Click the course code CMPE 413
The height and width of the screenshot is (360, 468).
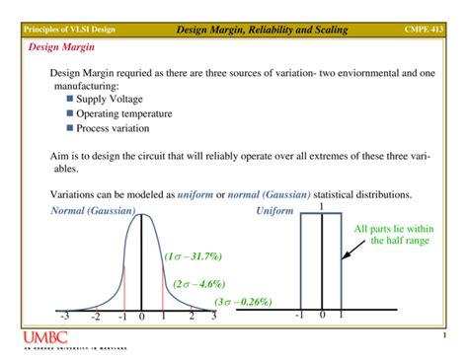pos(427,31)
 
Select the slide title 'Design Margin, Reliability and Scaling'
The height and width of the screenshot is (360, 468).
pos(262,31)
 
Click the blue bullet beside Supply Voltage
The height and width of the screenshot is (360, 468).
pos(69,99)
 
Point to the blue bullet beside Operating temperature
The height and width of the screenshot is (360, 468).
pos(69,113)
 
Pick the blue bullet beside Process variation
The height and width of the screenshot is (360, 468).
pos(69,128)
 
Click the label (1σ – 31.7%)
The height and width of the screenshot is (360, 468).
pos(194,255)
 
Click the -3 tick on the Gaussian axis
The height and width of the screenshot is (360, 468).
pos(65,317)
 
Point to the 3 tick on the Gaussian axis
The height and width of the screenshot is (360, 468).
pos(214,317)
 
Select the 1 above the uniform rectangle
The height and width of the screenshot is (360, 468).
pos(322,207)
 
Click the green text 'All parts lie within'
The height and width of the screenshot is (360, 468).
pos(402,230)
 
